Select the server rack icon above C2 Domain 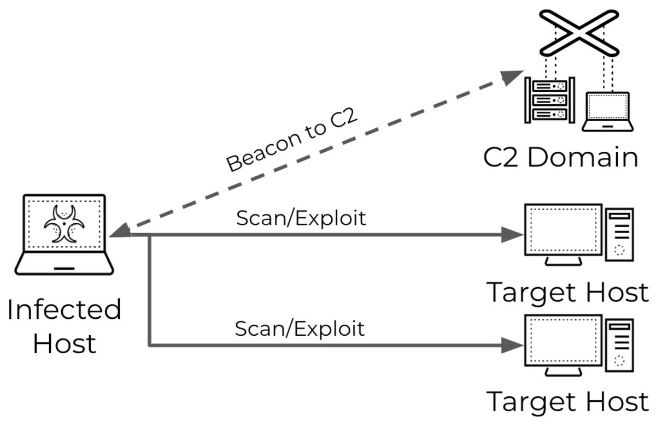[x=549, y=100]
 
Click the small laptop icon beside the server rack [x=607, y=112]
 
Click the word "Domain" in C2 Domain [x=583, y=157]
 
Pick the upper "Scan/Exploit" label [x=301, y=218]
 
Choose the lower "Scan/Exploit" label [x=300, y=329]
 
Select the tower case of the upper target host [x=619, y=233]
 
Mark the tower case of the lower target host [x=619, y=344]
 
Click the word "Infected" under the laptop [x=64, y=310]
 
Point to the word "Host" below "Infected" [x=64, y=344]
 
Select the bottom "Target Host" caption [x=567, y=402]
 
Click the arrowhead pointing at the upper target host [x=513, y=235]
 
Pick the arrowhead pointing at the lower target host [x=513, y=345]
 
